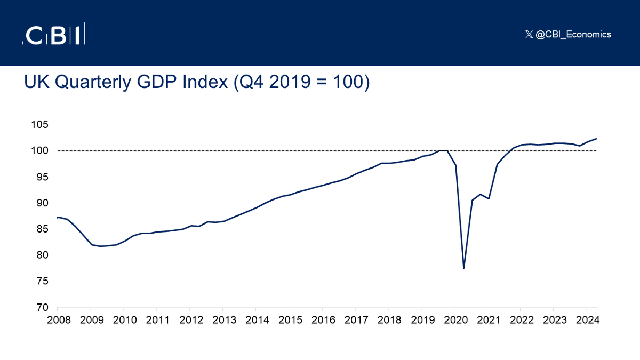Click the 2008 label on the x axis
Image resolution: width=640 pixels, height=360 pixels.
click(x=58, y=321)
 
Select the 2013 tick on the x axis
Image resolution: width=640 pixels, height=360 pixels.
click(x=222, y=321)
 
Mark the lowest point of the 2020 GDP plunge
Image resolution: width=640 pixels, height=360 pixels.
click(x=464, y=268)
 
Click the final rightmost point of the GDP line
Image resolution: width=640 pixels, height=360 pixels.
click(x=596, y=139)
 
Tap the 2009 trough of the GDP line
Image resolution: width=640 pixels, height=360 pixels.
click(x=100, y=246)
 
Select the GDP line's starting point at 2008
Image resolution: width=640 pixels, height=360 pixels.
click(x=58, y=217)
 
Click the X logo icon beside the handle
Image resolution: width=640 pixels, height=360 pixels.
click(x=529, y=34)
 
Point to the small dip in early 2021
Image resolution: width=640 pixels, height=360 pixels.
click(x=489, y=198)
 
